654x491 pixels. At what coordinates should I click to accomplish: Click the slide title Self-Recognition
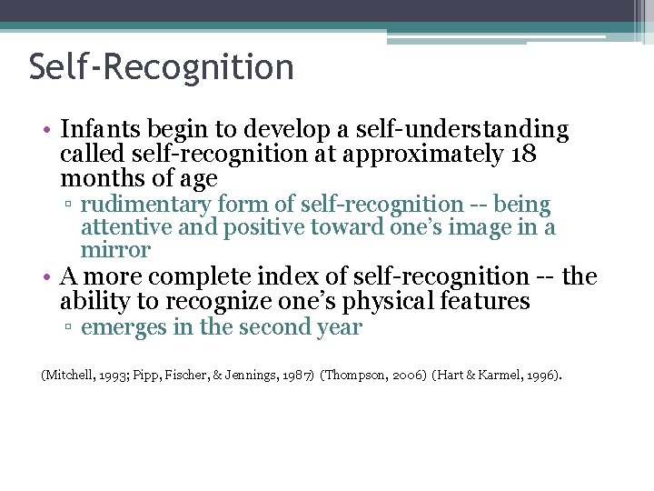[162, 67]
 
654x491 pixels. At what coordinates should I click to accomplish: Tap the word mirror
[115, 249]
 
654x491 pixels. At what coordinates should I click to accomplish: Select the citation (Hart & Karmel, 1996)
[498, 374]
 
